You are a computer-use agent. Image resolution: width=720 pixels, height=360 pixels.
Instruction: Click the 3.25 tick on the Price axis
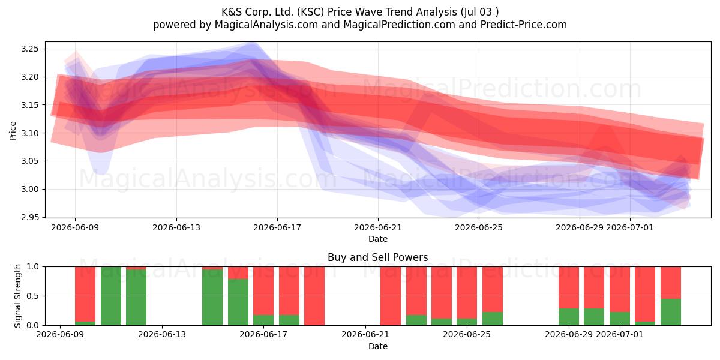tap(29, 49)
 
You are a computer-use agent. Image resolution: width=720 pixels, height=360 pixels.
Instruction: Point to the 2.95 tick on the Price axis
tap(29, 217)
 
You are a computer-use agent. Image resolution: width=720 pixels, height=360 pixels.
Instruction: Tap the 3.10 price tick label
tap(29, 133)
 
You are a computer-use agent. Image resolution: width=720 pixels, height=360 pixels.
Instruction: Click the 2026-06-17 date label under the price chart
tap(277, 227)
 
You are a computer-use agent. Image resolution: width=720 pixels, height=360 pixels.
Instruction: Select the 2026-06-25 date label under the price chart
tap(479, 227)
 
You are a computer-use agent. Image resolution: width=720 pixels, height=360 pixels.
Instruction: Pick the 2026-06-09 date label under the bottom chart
tap(60, 334)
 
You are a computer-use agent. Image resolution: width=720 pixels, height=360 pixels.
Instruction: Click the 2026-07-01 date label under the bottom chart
tap(620, 334)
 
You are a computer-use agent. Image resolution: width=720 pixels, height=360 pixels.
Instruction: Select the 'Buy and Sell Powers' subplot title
tap(377, 257)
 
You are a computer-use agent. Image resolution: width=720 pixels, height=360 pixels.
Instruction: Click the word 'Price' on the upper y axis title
tap(13, 131)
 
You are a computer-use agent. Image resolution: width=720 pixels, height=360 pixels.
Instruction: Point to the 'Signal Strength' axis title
tap(17, 296)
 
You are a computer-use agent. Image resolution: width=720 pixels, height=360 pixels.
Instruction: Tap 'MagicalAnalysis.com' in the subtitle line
tap(266, 25)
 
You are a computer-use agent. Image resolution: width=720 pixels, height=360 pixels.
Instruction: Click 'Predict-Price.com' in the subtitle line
tap(524, 25)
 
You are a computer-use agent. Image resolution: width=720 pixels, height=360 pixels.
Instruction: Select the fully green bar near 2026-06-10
tap(111, 296)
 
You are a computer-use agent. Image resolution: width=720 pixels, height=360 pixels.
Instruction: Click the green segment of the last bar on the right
tap(671, 312)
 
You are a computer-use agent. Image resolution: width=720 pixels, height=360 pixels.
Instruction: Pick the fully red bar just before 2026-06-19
tap(314, 296)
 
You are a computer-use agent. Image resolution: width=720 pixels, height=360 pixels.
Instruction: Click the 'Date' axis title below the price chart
tap(377, 239)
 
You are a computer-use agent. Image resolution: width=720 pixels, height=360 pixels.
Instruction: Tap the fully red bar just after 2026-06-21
tap(391, 296)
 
